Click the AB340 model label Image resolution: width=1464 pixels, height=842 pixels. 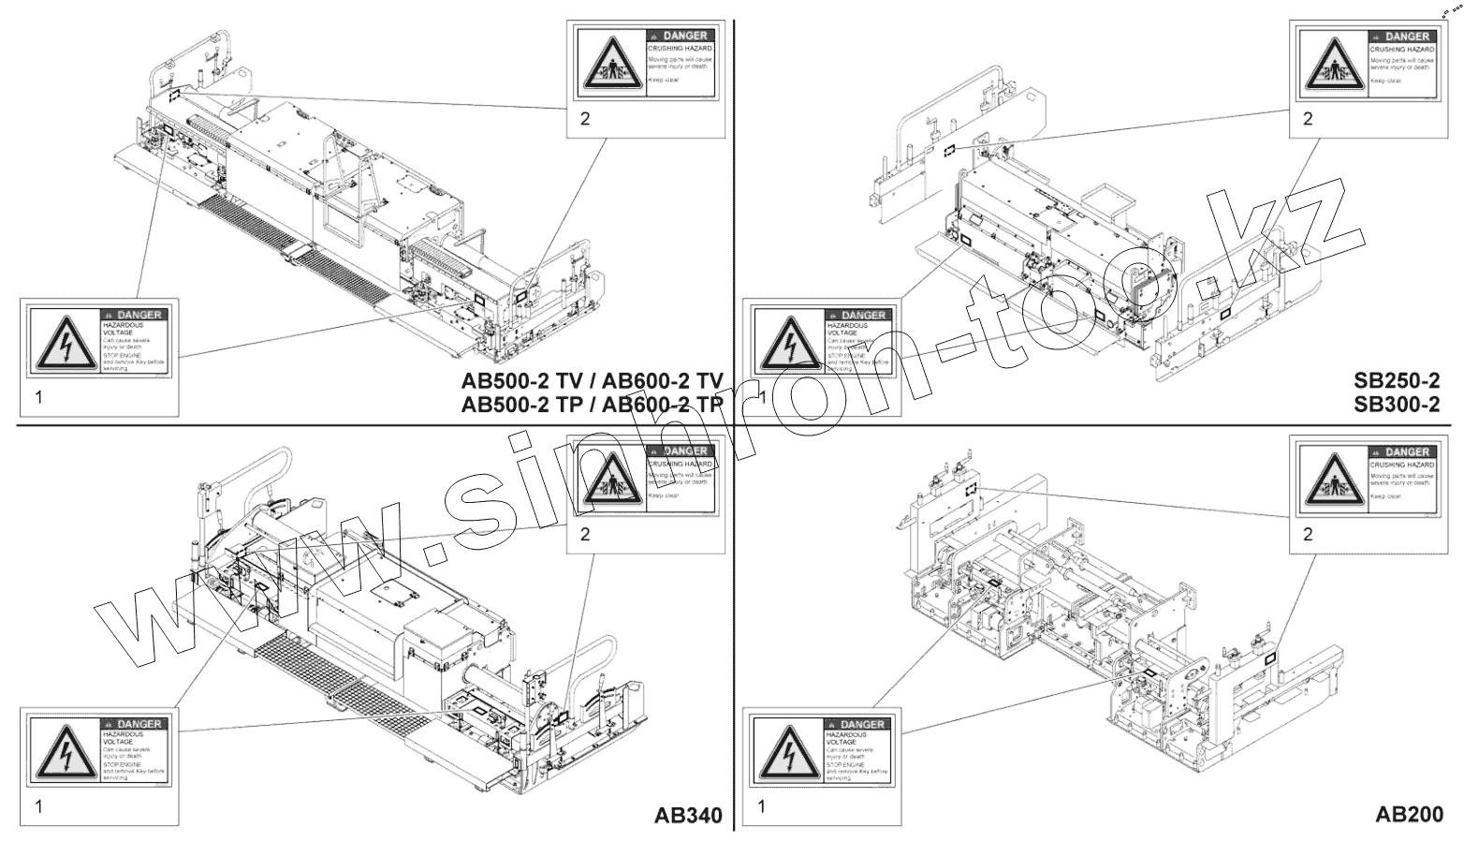688,815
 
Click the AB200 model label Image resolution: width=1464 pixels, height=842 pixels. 1409,814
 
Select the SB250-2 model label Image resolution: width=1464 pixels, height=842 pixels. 1396,380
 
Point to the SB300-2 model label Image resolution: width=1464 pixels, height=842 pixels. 1396,405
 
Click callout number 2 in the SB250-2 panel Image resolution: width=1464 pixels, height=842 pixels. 1308,119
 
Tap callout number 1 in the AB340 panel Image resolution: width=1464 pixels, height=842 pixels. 38,805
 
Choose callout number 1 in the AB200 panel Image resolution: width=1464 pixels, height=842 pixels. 761,805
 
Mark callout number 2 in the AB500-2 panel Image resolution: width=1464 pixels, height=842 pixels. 585,119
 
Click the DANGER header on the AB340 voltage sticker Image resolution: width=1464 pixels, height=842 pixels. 134,724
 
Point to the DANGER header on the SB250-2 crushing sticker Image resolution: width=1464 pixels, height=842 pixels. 1402,36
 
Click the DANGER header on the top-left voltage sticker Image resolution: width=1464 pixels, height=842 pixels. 134,315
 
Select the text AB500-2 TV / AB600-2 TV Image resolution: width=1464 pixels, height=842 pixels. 592,380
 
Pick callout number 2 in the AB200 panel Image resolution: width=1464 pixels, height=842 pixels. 1308,534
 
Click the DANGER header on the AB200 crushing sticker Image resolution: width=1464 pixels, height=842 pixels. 1402,452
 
